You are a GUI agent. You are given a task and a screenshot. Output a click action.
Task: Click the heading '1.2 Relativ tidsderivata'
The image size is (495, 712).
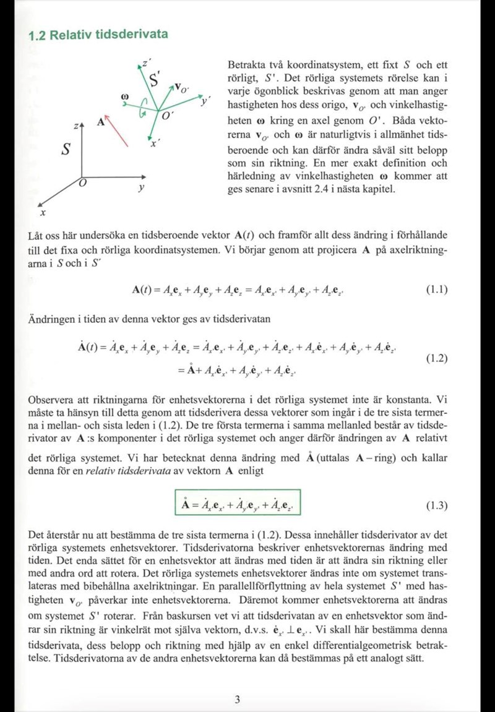[x=98, y=35]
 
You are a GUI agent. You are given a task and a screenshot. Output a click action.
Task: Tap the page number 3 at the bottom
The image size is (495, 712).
[x=238, y=700]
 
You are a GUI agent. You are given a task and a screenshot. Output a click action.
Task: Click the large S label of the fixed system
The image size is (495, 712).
[x=66, y=150]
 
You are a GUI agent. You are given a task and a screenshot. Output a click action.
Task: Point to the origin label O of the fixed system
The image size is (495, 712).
[x=82, y=184]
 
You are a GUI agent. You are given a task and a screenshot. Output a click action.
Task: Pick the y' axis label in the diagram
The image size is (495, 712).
[x=204, y=100]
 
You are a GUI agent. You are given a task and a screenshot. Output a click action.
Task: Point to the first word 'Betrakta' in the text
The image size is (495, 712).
[x=244, y=65]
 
